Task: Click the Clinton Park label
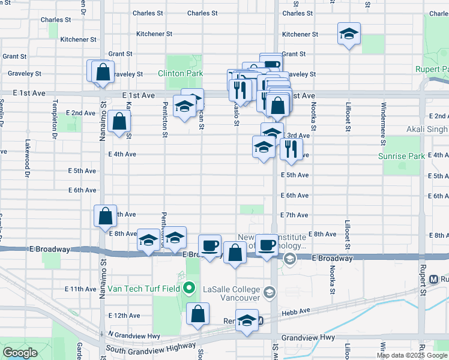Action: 180,74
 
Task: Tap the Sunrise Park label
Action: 400,156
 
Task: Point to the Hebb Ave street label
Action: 296,311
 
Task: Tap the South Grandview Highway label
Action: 150,348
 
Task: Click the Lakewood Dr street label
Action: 27,159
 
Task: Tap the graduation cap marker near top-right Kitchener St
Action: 348,35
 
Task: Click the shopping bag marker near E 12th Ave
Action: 198,314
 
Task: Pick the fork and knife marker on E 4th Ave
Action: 291,148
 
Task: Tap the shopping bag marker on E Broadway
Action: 234,253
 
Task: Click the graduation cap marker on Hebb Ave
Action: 246,320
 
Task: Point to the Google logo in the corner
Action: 20,353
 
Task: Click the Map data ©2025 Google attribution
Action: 412,355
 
